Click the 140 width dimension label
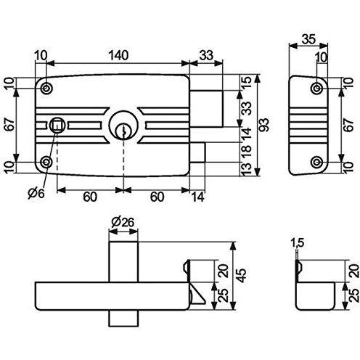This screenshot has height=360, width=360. click(118, 55)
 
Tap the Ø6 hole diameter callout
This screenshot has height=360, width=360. click(36, 193)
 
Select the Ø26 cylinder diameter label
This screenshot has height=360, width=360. click(123, 222)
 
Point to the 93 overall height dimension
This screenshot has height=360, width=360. click(265, 125)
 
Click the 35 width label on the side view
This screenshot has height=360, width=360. click(308, 39)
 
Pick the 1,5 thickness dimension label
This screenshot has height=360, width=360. click(298, 243)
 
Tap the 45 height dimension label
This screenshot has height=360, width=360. click(241, 275)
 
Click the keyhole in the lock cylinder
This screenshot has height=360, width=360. click(123, 131)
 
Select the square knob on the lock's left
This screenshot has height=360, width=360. click(57, 125)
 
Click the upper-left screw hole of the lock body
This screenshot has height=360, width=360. click(46, 89)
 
